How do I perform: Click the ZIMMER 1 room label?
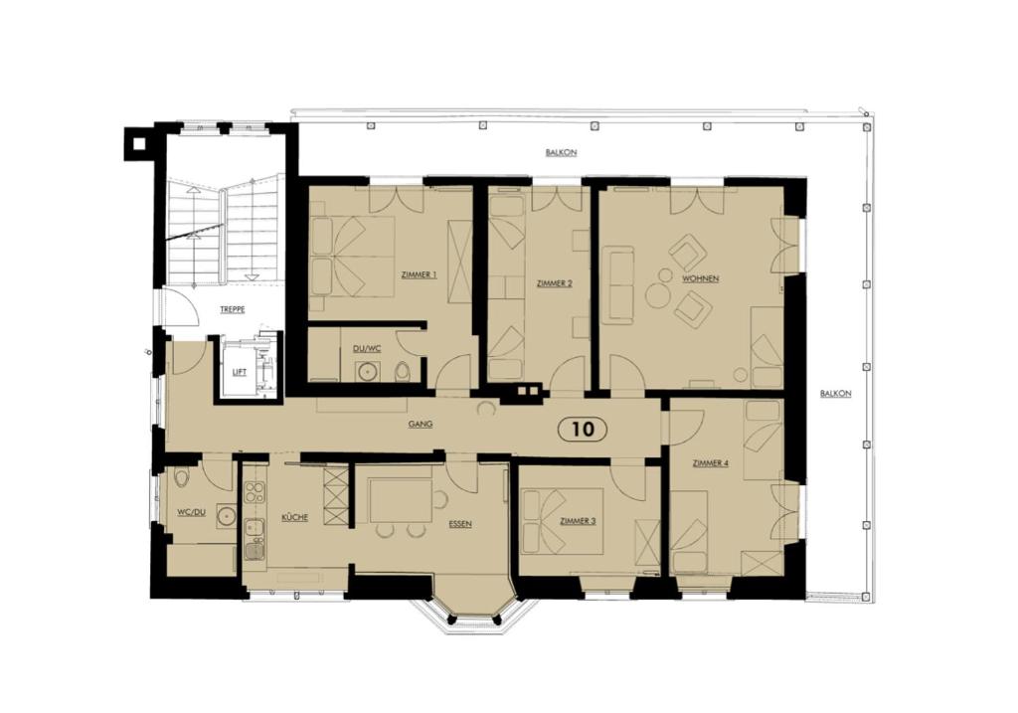click(x=418, y=274)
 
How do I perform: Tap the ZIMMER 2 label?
click(x=554, y=283)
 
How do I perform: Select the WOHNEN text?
click(x=700, y=278)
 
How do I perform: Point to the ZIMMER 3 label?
click(x=578, y=520)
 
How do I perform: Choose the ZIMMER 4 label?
click(x=710, y=462)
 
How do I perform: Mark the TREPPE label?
click(x=233, y=310)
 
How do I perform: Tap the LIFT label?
click(x=239, y=371)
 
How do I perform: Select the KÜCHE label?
click(x=294, y=517)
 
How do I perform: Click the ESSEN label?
click(x=459, y=523)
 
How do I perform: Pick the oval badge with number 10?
click(x=583, y=429)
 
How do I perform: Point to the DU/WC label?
click(x=366, y=348)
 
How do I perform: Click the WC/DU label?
click(x=190, y=512)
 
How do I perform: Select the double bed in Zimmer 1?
click(x=352, y=256)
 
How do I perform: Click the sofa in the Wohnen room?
click(x=616, y=285)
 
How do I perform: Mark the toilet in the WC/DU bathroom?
click(x=181, y=478)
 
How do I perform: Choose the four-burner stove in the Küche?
click(x=254, y=492)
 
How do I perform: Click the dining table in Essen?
click(x=400, y=500)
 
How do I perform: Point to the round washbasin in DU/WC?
click(x=368, y=372)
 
